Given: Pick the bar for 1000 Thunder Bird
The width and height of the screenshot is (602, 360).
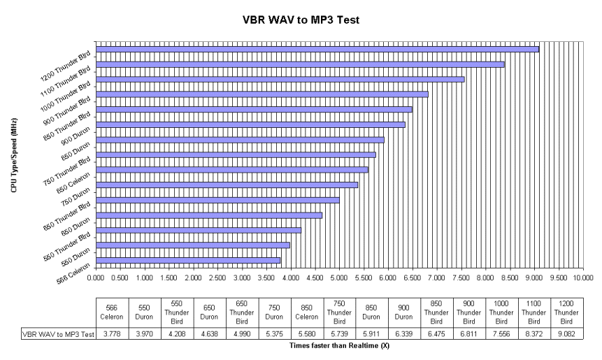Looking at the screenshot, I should [280, 79].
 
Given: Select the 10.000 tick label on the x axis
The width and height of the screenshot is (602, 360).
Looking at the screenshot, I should [582, 278].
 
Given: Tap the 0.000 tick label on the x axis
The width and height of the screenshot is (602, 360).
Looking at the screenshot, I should [96, 278].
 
